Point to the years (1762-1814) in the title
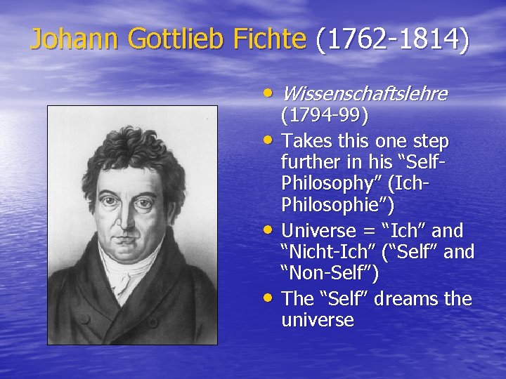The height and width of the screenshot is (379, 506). tap(392, 40)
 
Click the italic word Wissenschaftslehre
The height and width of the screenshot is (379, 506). tap(363, 93)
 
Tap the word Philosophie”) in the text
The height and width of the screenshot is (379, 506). tap(337, 206)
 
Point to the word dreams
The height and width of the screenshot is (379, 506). tap(401, 299)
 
